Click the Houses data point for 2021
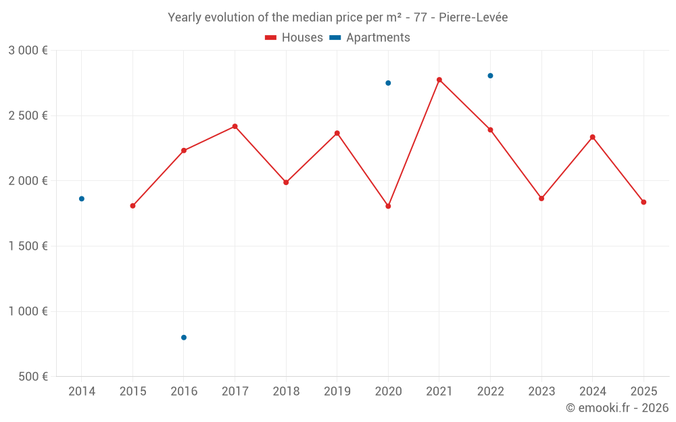click(439, 80)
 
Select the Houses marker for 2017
click(235, 126)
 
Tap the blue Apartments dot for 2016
click(184, 338)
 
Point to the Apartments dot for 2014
click(82, 199)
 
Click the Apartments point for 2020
click(388, 83)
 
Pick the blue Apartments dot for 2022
click(490, 76)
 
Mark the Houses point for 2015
click(132, 206)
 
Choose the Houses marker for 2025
click(644, 202)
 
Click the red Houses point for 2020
click(388, 206)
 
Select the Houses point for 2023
click(541, 199)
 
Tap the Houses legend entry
click(294, 38)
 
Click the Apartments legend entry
click(370, 38)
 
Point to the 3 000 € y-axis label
click(28, 51)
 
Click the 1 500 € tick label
click(28, 246)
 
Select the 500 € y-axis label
click(32, 377)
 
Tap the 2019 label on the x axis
click(337, 392)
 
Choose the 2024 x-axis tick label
click(592, 392)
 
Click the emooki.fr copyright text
click(617, 408)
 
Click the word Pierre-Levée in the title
click(473, 18)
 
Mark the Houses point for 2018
click(286, 182)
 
